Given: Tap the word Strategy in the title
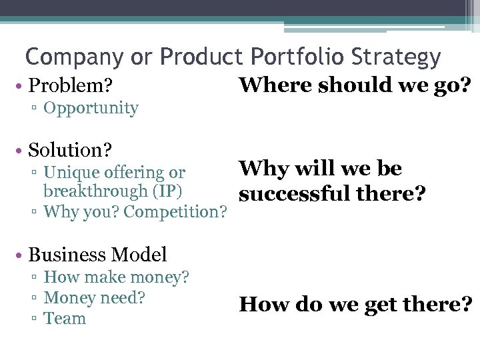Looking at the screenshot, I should pyautogui.click(x=401, y=58).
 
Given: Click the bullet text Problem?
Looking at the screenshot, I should pyautogui.click(x=70, y=86).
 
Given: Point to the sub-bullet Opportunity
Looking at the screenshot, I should pyautogui.click(x=91, y=108).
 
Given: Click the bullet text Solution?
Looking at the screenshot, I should pyautogui.click(x=70, y=150).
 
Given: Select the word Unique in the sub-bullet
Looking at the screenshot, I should pyautogui.click(x=71, y=173).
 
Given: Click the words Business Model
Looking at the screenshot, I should pyautogui.click(x=97, y=255).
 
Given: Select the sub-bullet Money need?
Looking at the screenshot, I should pyautogui.click(x=94, y=297).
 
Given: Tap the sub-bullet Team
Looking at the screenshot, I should pyautogui.click(x=65, y=318).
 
